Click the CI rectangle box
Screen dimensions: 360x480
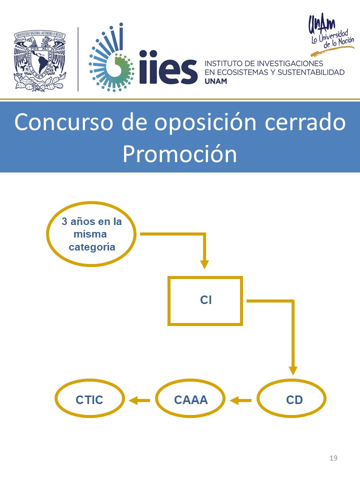click(x=168, y=301)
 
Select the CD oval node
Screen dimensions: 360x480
click(x=258, y=398)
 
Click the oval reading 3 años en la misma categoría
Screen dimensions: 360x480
click(x=48, y=234)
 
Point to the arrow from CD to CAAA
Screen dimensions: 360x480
click(x=240, y=400)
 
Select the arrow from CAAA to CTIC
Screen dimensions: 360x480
click(x=139, y=400)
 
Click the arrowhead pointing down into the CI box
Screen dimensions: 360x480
click(x=204, y=264)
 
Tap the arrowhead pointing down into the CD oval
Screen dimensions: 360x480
click(x=293, y=370)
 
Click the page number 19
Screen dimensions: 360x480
click(x=333, y=458)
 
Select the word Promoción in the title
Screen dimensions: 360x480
click(x=179, y=154)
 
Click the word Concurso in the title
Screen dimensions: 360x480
click(x=63, y=122)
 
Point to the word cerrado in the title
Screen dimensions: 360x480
click(x=305, y=122)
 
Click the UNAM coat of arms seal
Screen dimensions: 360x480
click(x=40, y=61)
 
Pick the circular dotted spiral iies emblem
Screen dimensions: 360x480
click(x=111, y=58)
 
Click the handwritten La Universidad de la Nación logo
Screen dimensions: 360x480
click(x=331, y=35)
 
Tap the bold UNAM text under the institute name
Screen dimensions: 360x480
click(x=216, y=81)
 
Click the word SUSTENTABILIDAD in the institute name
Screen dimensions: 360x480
click(x=311, y=72)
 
